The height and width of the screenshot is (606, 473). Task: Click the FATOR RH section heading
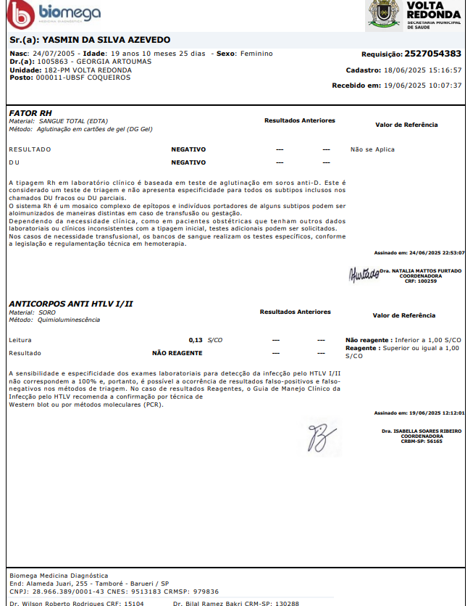pyautogui.click(x=30, y=113)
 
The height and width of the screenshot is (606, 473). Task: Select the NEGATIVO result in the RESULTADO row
pyautogui.click(x=188, y=149)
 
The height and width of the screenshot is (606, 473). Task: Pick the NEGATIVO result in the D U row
pyautogui.click(x=188, y=162)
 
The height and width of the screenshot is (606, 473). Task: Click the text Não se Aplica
pyautogui.click(x=372, y=149)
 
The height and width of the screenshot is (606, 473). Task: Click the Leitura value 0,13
pyautogui.click(x=196, y=339)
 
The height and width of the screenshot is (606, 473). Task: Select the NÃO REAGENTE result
pyautogui.click(x=177, y=353)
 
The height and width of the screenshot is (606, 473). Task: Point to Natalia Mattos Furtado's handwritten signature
pyautogui.click(x=364, y=275)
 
